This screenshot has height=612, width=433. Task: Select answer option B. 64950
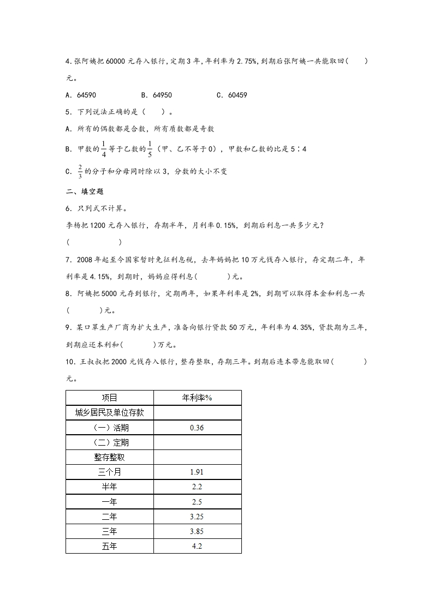156,95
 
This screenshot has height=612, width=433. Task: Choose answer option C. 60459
232,95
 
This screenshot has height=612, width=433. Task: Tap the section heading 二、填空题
85,191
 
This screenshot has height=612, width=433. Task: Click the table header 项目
110,398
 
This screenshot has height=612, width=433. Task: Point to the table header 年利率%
197,398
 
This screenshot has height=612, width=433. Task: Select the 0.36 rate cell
197,428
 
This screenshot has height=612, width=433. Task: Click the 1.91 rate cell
197,472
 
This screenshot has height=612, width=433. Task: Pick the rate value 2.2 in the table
197,487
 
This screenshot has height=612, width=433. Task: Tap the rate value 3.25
197,516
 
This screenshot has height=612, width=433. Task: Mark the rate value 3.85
197,531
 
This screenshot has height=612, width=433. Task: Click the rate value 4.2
197,545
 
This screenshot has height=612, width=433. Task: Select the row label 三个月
110,472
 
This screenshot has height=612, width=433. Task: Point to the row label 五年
110,545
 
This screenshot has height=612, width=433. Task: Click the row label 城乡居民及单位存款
110,413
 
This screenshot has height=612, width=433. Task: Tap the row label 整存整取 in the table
110,457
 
